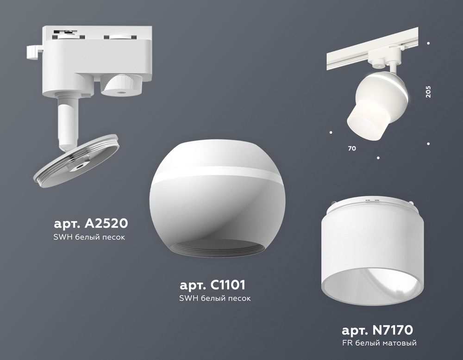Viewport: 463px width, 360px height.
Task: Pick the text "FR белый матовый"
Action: point(379,343)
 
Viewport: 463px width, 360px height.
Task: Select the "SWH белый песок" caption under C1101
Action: point(215,298)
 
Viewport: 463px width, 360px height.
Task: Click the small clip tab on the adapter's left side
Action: point(33,51)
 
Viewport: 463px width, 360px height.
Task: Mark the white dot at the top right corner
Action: point(428,43)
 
